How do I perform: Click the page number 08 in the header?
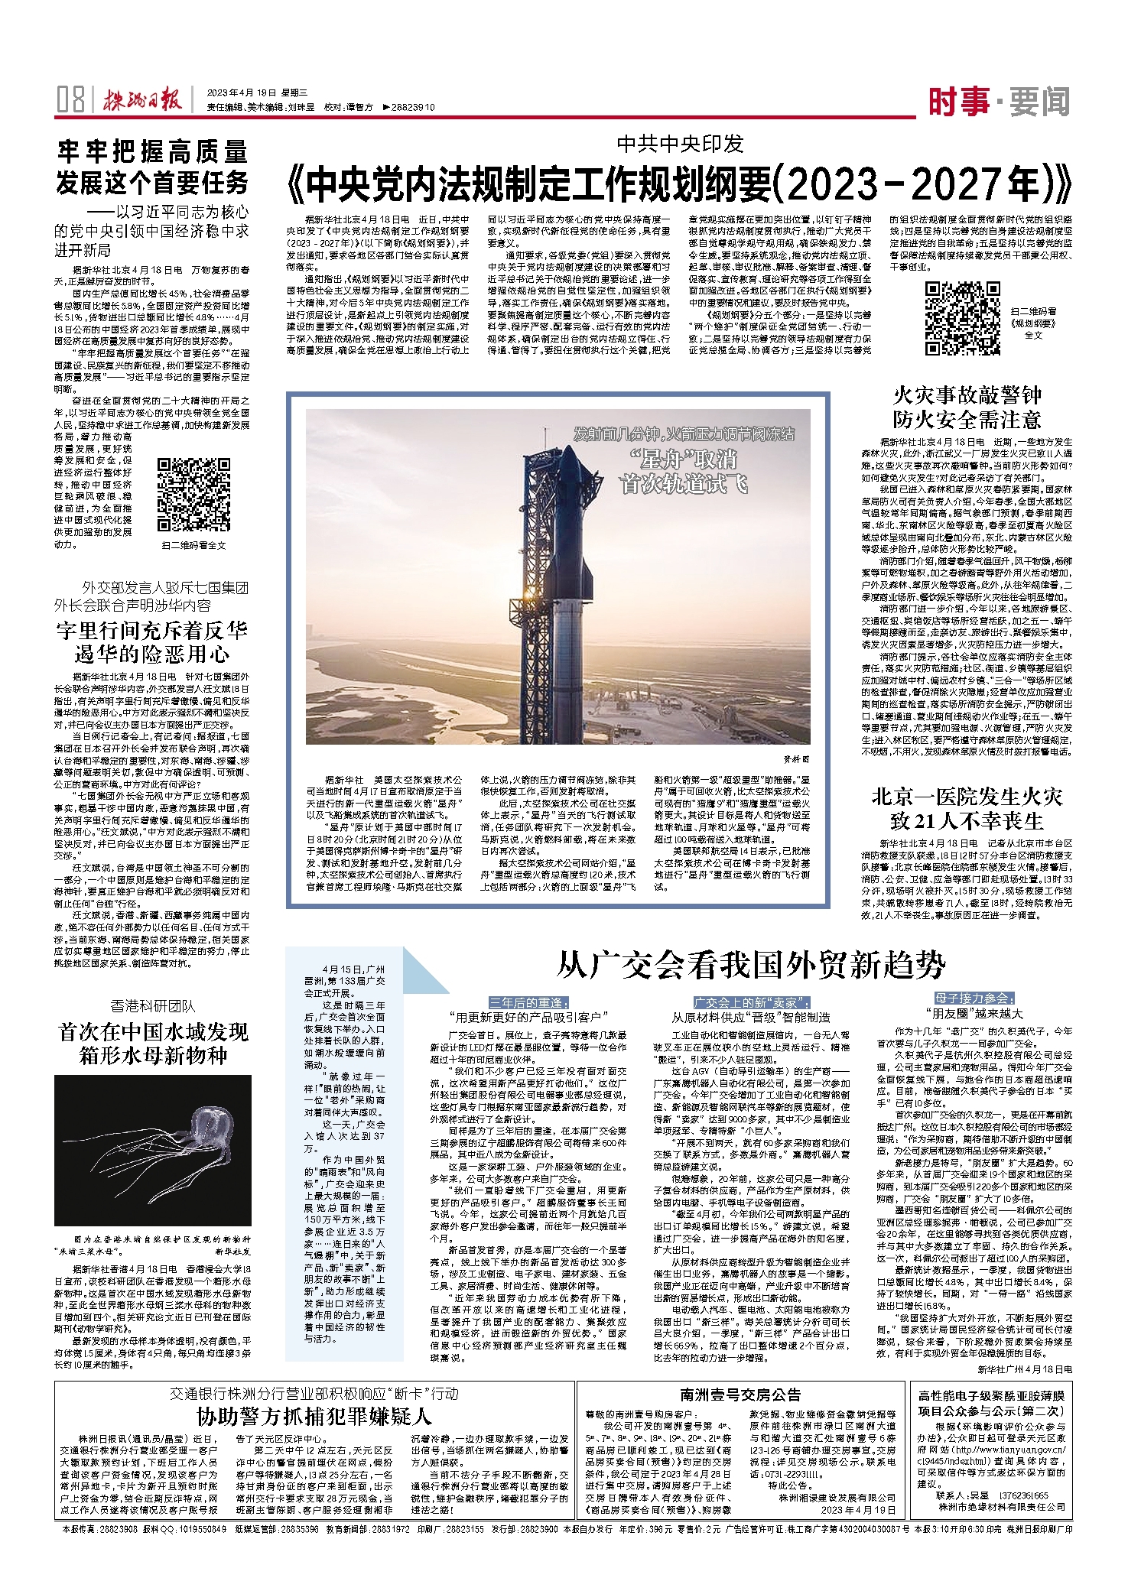coord(70,100)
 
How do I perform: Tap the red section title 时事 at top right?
coord(959,101)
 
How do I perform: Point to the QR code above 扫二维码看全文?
coord(193,495)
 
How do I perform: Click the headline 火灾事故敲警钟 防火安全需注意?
coord(967,407)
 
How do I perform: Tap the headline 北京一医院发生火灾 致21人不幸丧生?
coord(967,809)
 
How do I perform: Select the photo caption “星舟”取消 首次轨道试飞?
coord(684,472)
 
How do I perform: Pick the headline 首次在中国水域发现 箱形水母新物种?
coord(153,1044)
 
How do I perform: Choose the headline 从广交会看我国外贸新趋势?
coord(750,966)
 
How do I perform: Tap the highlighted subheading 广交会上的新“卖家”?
coord(751,1002)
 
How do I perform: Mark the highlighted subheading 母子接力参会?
coord(974,998)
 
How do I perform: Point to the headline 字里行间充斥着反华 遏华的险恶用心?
coord(152,642)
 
